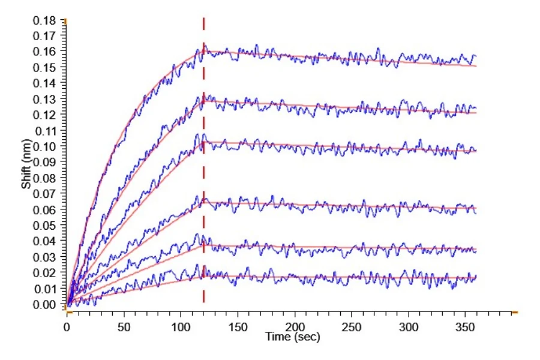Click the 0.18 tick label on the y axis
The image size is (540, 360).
coord(44,20)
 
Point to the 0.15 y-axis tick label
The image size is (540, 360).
coord(44,68)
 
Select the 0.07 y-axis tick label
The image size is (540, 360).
coord(44,194)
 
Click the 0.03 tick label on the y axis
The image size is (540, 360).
coord(44,257)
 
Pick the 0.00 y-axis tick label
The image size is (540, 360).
coord(44,305)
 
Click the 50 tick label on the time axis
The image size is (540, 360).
coord(124,327)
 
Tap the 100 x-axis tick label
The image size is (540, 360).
coord(181,327)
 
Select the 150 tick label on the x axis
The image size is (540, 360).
coord(238,327)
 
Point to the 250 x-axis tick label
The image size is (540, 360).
coord(351,327)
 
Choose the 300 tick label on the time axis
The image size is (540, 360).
coord(409,327)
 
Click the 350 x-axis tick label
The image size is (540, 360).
coord(465,327)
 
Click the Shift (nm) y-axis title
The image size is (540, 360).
coord(26,164)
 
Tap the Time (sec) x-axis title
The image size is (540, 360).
coord(292,337)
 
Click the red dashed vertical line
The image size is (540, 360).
coord(203,160)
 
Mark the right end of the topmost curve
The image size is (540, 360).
coord(476,56)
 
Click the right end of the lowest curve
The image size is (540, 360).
coord(476,276)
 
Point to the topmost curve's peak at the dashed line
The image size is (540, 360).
coord(204,44)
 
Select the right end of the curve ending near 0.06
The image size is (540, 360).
coord(476,213)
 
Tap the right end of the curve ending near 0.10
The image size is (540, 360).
coord(476,151)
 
